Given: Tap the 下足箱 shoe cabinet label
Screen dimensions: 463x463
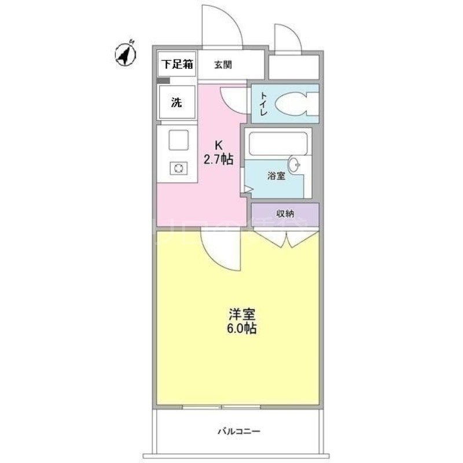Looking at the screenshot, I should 177,64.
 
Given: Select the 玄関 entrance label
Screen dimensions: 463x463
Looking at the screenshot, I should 223,65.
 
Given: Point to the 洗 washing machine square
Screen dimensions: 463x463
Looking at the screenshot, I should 176,103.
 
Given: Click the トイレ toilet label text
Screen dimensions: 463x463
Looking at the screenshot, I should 263,104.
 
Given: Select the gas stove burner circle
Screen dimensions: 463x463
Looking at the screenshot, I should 178,168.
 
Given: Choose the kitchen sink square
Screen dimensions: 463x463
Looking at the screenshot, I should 178,140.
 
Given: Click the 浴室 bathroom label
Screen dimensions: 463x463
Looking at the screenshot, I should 276,177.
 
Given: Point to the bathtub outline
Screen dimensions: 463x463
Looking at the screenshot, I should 276,143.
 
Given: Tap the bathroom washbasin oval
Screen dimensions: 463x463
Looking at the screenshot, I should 295,165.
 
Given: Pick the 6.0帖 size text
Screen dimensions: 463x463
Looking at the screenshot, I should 241,329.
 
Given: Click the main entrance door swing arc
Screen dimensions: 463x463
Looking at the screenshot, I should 222,26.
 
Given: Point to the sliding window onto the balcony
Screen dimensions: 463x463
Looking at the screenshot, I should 221,407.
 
